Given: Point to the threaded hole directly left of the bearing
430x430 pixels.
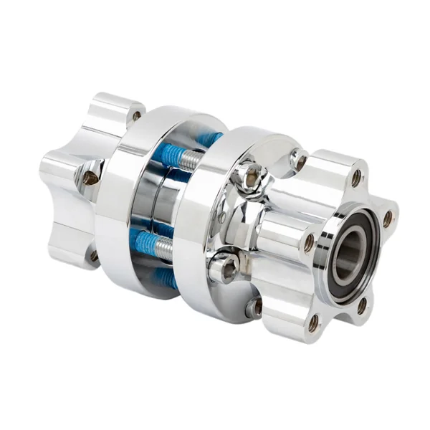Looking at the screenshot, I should click(309, 242).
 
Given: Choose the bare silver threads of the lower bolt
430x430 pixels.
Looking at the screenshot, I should click(164, 249).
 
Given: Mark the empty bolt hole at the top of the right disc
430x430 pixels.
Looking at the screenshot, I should click(299, 160).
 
